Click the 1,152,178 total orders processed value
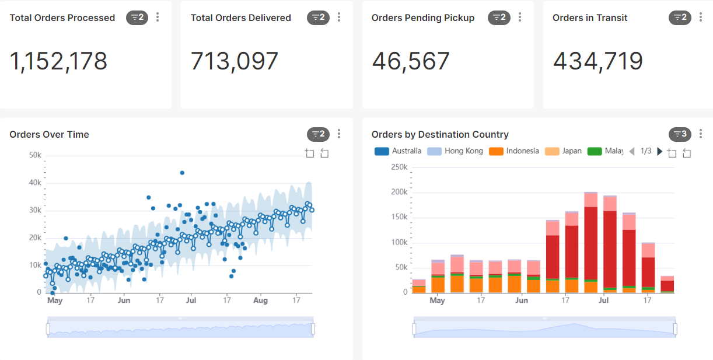click(x=58, y=61)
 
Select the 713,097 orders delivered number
click(x=235, y=61)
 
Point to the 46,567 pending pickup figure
click(x=411, y=61)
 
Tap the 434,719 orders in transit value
click(x=598, y=61)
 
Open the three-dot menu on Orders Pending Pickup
click(x=520, y=18)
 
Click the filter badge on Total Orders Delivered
click(x=318, y=18)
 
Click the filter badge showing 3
click(x=680, y=134)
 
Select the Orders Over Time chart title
click(x=49, y=134)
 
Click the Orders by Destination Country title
click(x=440, y=134)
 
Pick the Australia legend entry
click(x=398, y=151)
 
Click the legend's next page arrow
click(x=660, y=151)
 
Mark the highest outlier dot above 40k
click(x=182, y=173)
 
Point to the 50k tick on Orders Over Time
click(x=35, y=155)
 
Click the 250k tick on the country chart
click(x=399, y=167)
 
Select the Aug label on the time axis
click(x=260, y=300)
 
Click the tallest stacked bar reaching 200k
click(x=590, y=242)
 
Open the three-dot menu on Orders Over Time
click(x=339, y=134)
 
